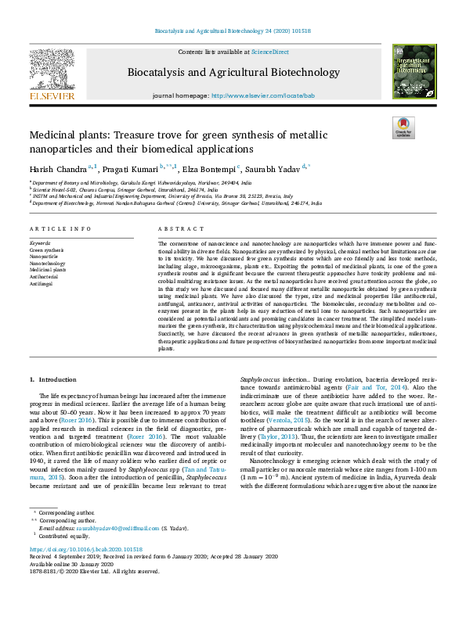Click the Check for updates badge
pos(403,127)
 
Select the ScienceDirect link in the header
pos(270,52)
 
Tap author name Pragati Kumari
pos(128,167)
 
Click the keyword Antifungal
pos(42,284)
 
